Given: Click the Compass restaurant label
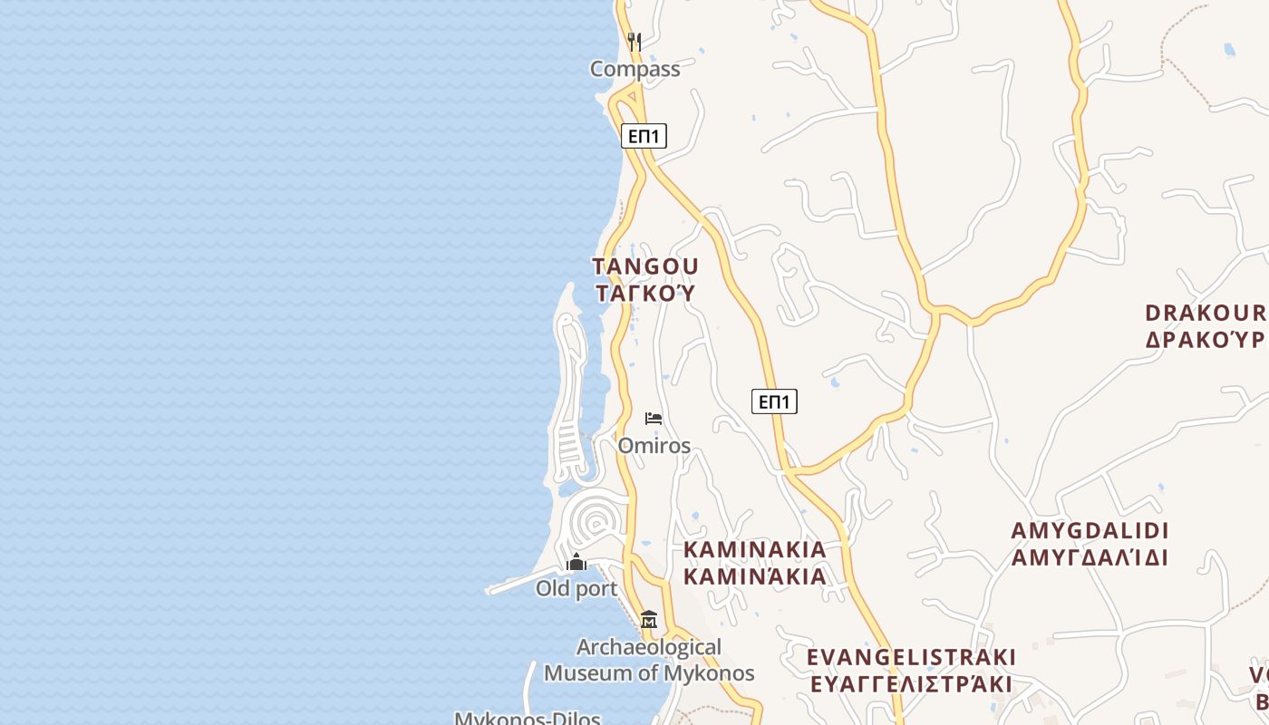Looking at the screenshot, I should pyautogui.click(x=634, y=69).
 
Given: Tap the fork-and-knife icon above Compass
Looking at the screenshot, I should pyautogui.click(x=634, y=42).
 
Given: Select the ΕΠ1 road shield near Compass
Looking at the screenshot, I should pyautogui.click(x=644, y=137).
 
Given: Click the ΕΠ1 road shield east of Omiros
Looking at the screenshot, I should pyautogui.click(x=774, y=401).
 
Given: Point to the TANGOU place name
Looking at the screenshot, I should pyautogui.click(x=645, y=266).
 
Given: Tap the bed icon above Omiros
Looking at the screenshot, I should pyautogui.click(x=654, y=419).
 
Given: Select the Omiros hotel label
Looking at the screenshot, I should pyautogui.click(x=654, y=446).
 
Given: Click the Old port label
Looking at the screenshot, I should pyautogui.click(x=576, y=589).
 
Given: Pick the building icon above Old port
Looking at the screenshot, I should pyautogui.click(x=576, y=563).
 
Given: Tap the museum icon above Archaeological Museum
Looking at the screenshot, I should pyautogui.click(x=649, y=620).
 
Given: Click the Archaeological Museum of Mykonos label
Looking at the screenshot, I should pyautogui.click(x=649, y=661).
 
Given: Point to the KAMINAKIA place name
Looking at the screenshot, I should pyautogui.click(x=754, y=549).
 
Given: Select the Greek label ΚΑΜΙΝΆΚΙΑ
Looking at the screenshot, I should pyautogui.click(x=754, y=576).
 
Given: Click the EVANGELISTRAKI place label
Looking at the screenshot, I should pyautogui.click(x=911, y=657).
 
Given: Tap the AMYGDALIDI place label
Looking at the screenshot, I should pyautogui.click(x=1090, y=530).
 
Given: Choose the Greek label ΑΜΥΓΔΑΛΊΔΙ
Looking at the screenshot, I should pyautogui.click(x=1090, y=557).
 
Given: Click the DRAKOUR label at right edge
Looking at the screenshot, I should pyautogui.click(x=1206, y=313).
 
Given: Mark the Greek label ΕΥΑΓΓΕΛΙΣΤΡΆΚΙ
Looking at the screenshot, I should pyautogui.click(x=910, y=684).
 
